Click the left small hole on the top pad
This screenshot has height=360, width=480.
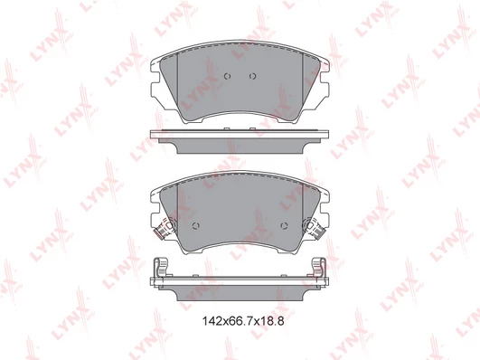coord(227,76)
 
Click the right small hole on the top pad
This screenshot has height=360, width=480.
coord(252,76)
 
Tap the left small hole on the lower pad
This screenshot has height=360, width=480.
coord(195,226)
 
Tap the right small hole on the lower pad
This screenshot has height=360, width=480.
coord(284,226)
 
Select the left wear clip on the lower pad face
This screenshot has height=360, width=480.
coord(165,227)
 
